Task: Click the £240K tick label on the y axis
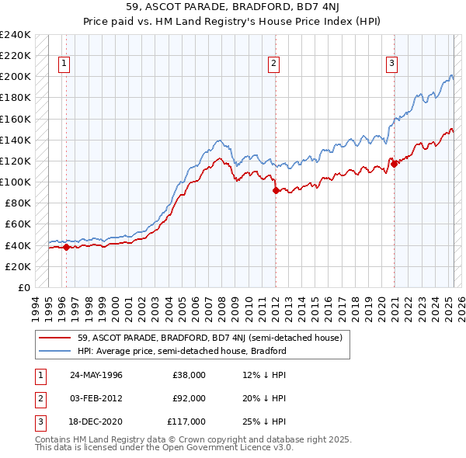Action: click(16, 35)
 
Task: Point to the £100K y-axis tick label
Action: click(16, 182)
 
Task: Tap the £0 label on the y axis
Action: click(23, 287)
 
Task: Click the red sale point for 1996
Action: click(66, 248)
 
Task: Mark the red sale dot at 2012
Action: click(276, 190)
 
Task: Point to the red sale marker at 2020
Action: click(394, 164)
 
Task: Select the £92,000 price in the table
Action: click(190, 398)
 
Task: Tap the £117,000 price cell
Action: click(187, 422)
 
